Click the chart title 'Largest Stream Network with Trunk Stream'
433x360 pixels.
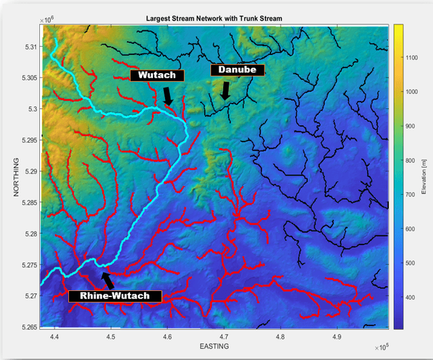point(216,18)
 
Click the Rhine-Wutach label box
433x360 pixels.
point(115,296)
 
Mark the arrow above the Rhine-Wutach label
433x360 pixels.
point(107,279)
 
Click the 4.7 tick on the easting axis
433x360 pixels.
point(224,336)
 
